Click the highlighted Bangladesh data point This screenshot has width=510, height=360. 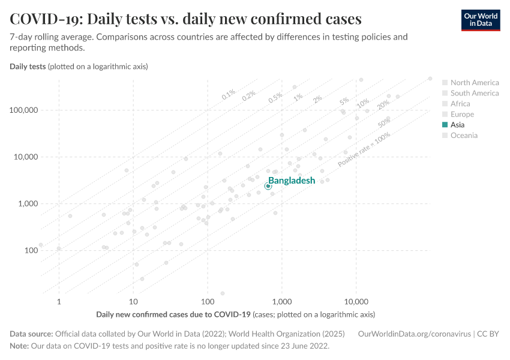click(x=268, y=186)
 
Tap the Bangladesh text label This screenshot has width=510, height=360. click(x=291, y=181)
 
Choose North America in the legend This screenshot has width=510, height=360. click(x=474, y=83)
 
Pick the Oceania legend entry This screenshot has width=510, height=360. click(x=464, y=136)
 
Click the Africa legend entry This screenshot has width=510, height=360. click(x=460, y=104)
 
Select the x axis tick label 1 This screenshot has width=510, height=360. click(x=59, y=301)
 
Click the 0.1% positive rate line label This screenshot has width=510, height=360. click(x=229, y=94)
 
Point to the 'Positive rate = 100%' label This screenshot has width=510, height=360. click(x=364, y=150)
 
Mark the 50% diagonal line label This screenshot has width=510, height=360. click(x=385, y=122)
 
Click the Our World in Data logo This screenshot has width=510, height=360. click(x=480, y=19)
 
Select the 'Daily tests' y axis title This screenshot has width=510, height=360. click(x=28, y=66)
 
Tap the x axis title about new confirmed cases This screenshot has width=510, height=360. click(x=173, y=314)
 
